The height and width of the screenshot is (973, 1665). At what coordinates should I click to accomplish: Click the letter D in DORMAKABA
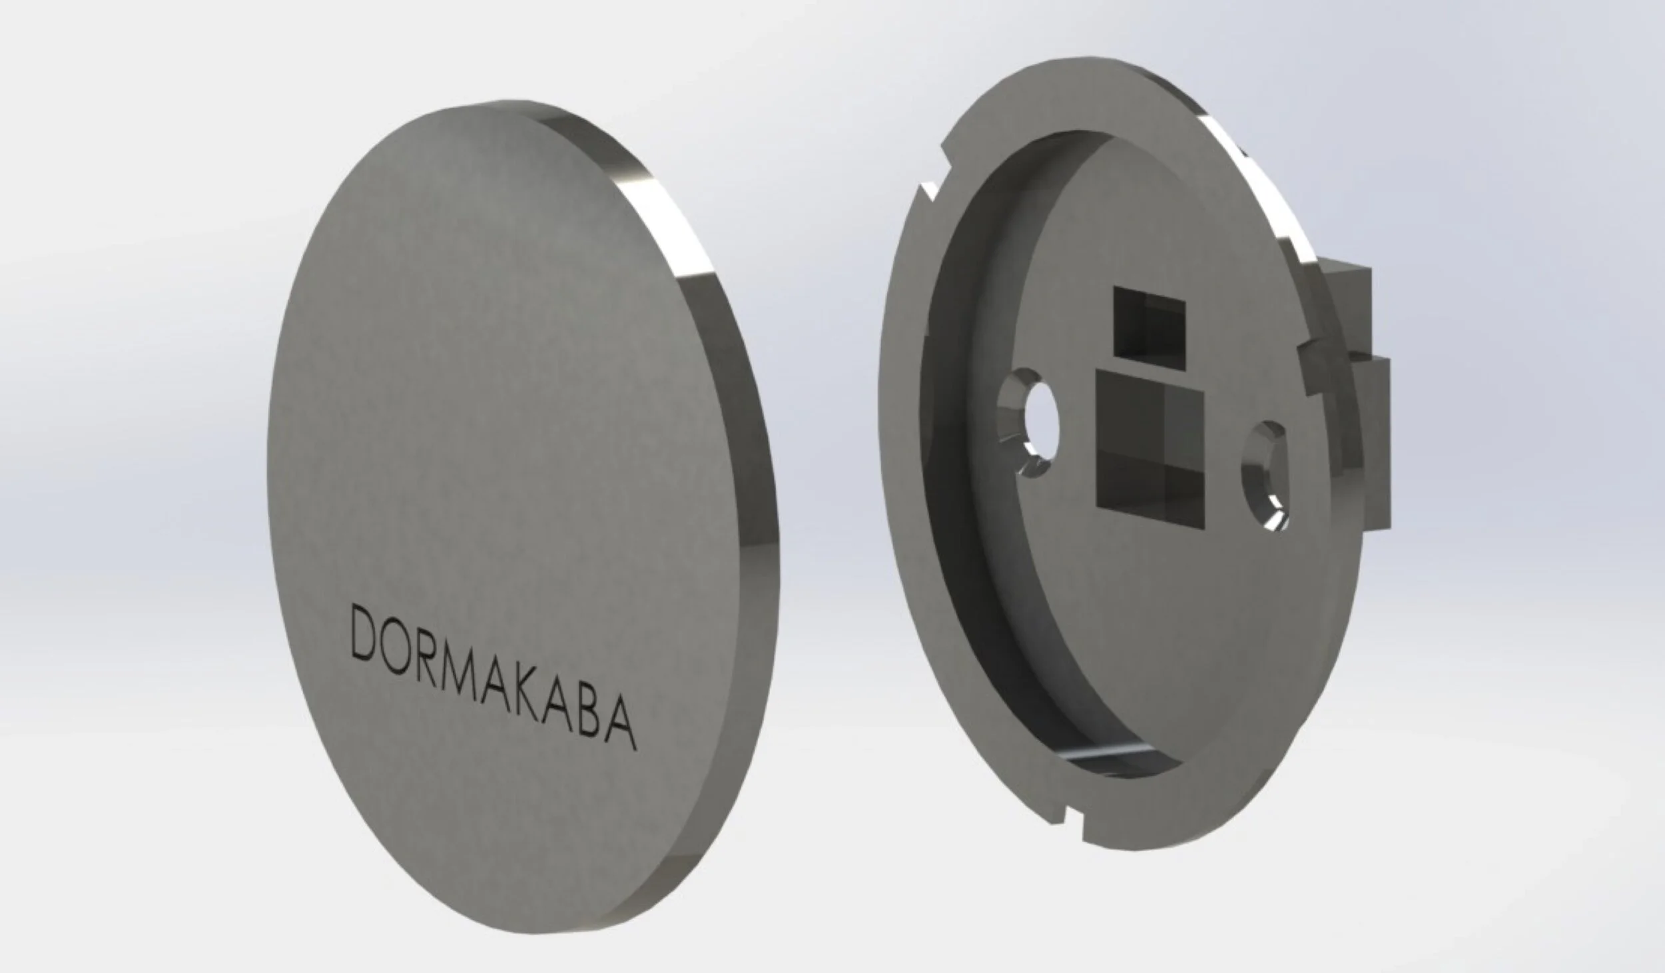[x=364, y=635]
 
